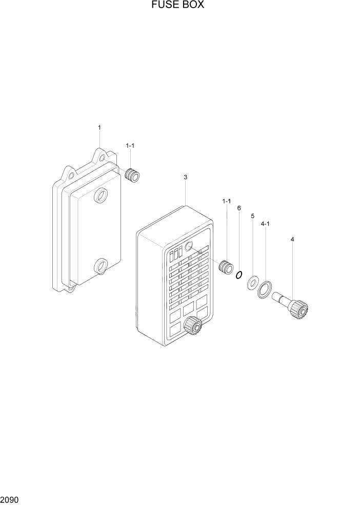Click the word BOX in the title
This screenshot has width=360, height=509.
[194, 6]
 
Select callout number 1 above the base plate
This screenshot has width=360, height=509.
[99, 127]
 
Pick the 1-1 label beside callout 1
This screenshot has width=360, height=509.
[130, 146]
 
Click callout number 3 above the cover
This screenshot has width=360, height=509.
[185, 177]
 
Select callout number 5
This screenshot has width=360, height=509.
[252, 216]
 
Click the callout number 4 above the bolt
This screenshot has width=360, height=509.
[292, 239]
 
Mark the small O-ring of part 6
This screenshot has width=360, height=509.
[238, 276]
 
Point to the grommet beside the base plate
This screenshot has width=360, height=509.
[134, 175]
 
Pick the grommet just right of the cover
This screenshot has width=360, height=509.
[225, 267]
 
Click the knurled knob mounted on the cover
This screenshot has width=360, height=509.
[193, 326]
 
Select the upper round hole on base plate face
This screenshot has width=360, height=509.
[101, 195]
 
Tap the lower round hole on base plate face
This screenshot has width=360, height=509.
[101, 266]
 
